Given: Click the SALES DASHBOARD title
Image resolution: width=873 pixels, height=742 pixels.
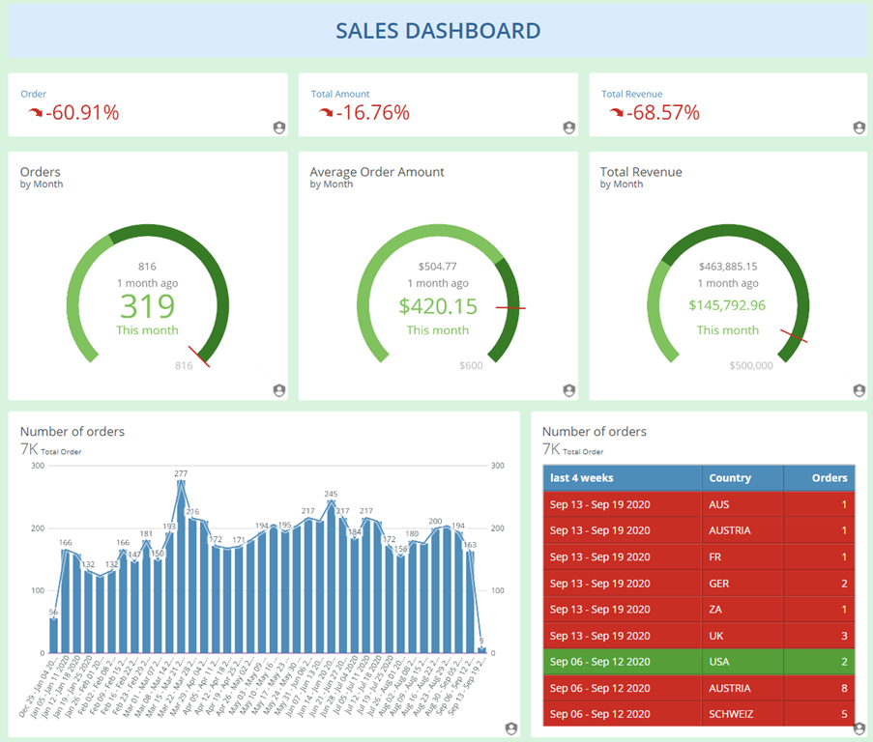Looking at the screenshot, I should click(437, 31).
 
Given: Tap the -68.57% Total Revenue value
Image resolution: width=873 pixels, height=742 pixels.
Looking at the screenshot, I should click(663, 113).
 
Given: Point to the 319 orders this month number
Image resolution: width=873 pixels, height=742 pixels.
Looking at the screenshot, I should click(147, 306).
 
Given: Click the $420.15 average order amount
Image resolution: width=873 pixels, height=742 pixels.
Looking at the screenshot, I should click(437, 306).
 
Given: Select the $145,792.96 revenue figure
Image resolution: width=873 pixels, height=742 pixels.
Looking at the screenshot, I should click(727, 305).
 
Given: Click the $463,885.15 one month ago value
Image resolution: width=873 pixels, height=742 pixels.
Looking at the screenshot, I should click(727, 267).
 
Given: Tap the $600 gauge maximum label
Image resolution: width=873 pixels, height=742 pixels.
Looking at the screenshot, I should click(471, 366).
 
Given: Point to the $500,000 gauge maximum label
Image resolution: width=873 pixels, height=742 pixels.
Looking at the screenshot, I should click(751, 366).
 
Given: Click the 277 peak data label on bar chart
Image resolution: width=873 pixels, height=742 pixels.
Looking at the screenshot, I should click(181, 473).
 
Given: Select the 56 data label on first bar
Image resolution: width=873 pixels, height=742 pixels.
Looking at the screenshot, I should click(53, 613).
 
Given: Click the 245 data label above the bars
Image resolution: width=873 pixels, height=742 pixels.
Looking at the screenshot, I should click(331, 494).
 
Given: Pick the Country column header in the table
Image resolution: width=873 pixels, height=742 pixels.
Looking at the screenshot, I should click(730, 477).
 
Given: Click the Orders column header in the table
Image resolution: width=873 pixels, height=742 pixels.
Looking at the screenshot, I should click(829, 477).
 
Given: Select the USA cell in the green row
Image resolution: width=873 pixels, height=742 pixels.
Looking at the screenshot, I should click(720, 663).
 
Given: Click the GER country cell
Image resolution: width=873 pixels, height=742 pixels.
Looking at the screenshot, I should click(719, 584).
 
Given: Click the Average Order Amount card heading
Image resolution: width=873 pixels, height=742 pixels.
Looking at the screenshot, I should click(377, 172).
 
